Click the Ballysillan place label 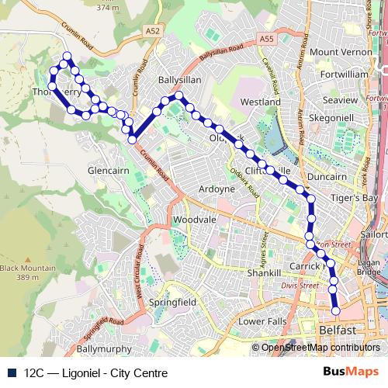180,80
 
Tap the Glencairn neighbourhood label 108,168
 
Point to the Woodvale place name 194,220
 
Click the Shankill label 263,274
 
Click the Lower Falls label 262,321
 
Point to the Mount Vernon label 342,52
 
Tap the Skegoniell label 331,116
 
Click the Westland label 261,102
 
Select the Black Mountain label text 28,268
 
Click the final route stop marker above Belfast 336,310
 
